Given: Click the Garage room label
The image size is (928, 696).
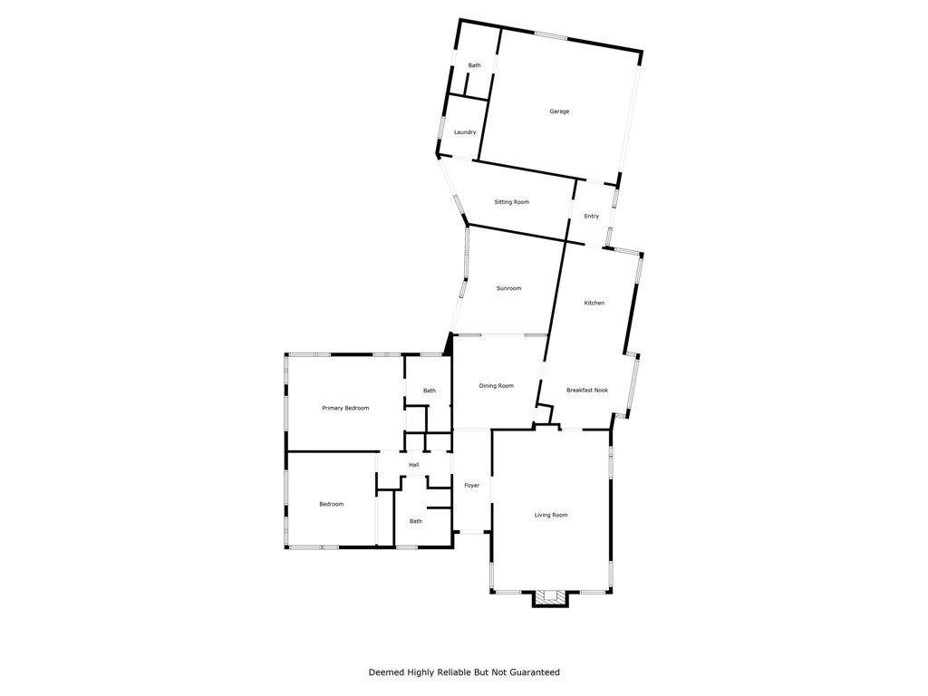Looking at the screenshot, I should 559,111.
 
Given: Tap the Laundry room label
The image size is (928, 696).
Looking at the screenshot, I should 465,132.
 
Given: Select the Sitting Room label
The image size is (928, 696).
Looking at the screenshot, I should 511,202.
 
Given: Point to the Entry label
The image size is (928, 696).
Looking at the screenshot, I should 591,217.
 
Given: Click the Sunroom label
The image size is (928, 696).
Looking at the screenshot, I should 508,288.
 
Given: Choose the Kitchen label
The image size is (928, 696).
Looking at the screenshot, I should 594,303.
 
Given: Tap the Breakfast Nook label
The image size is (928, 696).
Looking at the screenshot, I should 587,391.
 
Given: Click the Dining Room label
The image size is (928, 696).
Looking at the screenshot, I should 496,386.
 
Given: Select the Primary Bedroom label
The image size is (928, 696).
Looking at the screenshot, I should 345,408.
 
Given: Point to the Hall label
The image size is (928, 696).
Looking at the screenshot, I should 413,465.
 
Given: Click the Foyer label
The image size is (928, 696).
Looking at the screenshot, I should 471,486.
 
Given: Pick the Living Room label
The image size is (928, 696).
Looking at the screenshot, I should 551,515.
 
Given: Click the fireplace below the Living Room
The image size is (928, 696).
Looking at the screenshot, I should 549,597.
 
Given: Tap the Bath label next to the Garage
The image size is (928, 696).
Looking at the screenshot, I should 474,65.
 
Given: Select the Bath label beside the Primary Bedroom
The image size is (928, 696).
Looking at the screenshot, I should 429,391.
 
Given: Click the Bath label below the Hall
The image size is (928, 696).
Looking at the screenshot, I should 415,521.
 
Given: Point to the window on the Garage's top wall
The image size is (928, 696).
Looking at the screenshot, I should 550,36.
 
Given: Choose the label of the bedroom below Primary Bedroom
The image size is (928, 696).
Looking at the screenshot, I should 331,504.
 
